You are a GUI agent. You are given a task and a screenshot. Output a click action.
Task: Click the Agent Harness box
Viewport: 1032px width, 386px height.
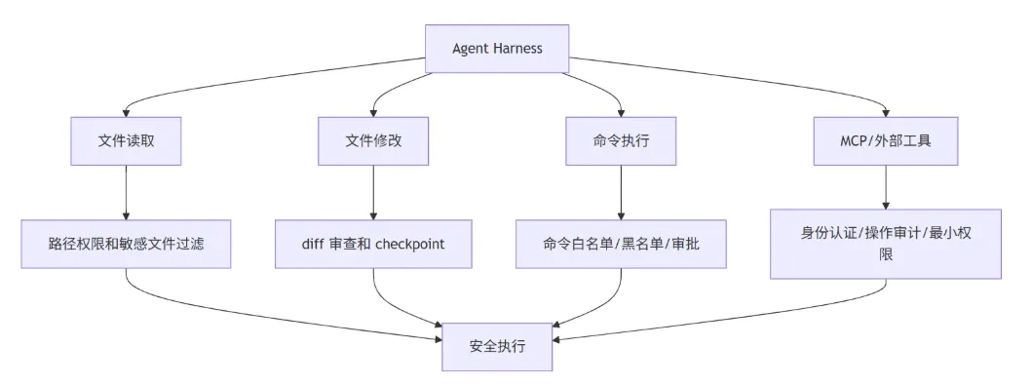[497, 49]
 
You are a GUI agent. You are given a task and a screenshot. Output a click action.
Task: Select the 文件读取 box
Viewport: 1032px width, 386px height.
[126, 141]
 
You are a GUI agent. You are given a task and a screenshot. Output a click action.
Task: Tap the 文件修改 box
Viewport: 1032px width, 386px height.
[373, 141]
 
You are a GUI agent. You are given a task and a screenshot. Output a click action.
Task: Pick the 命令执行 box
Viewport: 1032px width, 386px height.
[621, 141]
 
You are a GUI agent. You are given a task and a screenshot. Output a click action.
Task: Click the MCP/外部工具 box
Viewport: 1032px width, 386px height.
[886, 141]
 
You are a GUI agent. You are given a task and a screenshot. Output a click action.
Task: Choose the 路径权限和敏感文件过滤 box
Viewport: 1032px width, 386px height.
[126, 244]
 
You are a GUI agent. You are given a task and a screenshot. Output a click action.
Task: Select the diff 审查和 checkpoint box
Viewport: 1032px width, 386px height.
[373, 244]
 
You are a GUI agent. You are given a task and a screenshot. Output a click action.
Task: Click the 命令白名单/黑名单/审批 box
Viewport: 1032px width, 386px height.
[621, 244]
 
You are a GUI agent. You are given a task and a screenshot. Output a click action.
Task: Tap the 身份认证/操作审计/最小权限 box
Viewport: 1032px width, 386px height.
[886, 244]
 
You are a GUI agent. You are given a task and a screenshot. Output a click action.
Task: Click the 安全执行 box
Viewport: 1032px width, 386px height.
[497, 346]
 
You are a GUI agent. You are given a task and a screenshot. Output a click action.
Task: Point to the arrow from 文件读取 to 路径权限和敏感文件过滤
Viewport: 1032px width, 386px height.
[126, 192]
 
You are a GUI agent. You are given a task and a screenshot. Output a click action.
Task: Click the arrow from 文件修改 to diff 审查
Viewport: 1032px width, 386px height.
[373, 192]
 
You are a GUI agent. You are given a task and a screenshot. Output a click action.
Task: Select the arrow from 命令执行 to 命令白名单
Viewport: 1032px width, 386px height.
[621, 192]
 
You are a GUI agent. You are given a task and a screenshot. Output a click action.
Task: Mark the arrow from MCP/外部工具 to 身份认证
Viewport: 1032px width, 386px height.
[886, 187]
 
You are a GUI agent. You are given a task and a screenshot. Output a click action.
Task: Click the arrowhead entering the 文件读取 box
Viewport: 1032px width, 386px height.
[126, 113]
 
